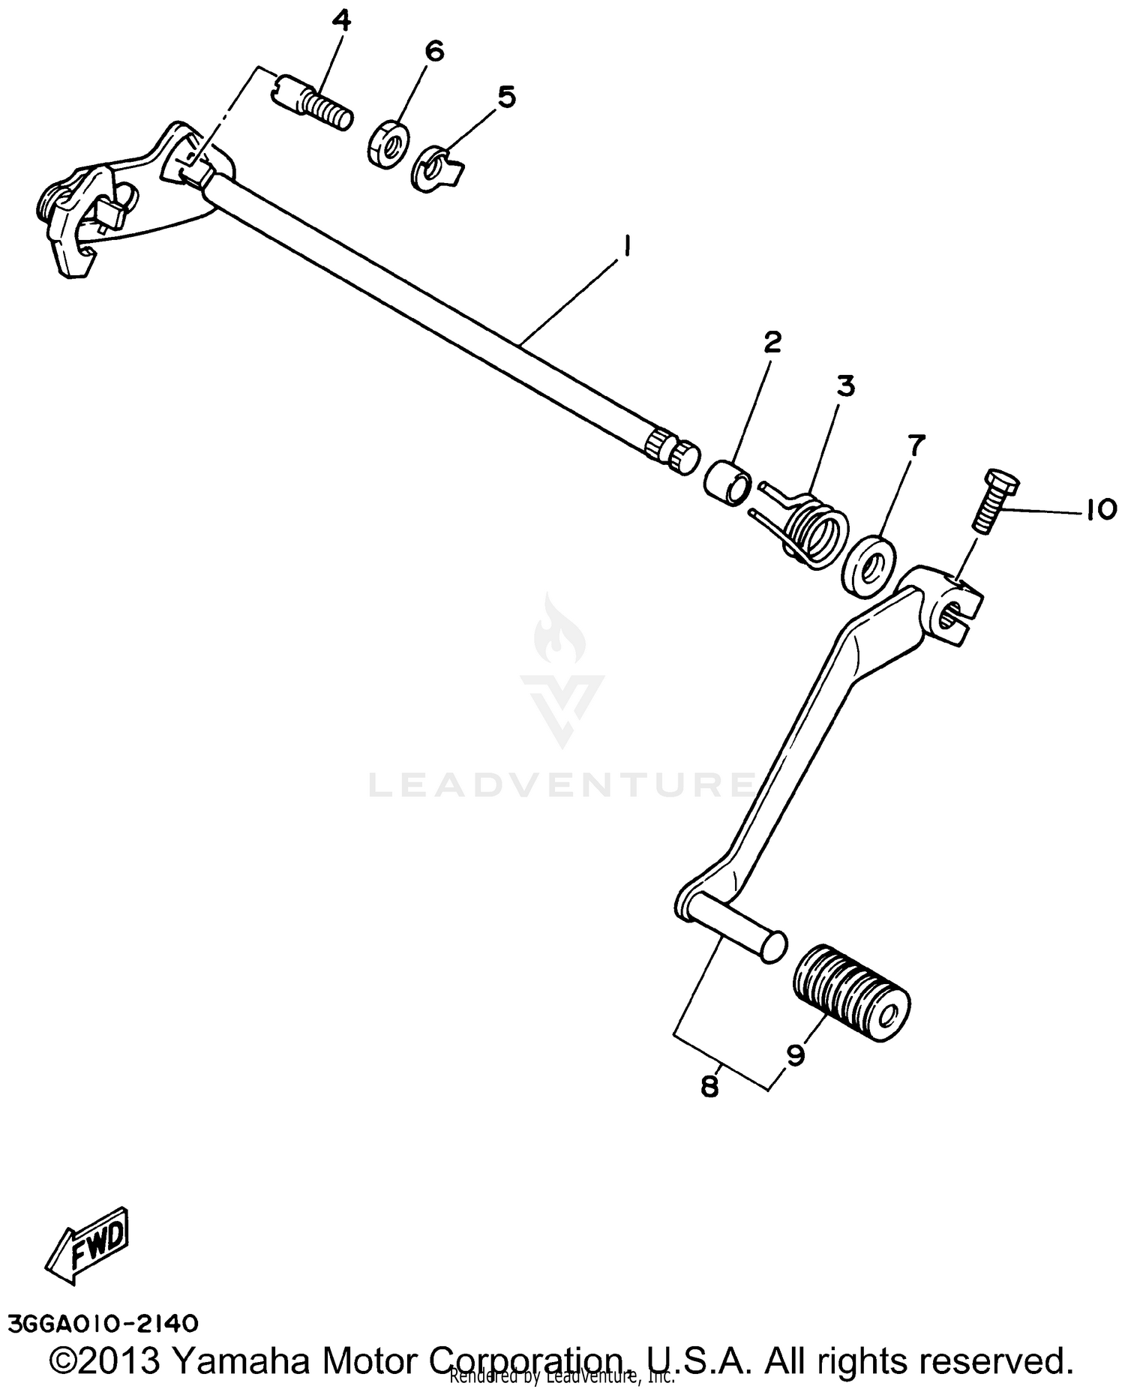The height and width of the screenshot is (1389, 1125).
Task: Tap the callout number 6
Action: tap(434, 52)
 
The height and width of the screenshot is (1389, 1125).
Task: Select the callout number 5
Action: tap(507, 97)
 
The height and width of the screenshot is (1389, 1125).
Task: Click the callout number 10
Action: tap(1099, 510)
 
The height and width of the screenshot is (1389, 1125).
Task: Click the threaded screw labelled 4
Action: tap(315, 108)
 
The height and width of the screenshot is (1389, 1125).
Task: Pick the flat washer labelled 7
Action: tap(869, 564)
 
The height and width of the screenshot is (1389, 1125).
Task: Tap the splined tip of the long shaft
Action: tap(672, 449)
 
